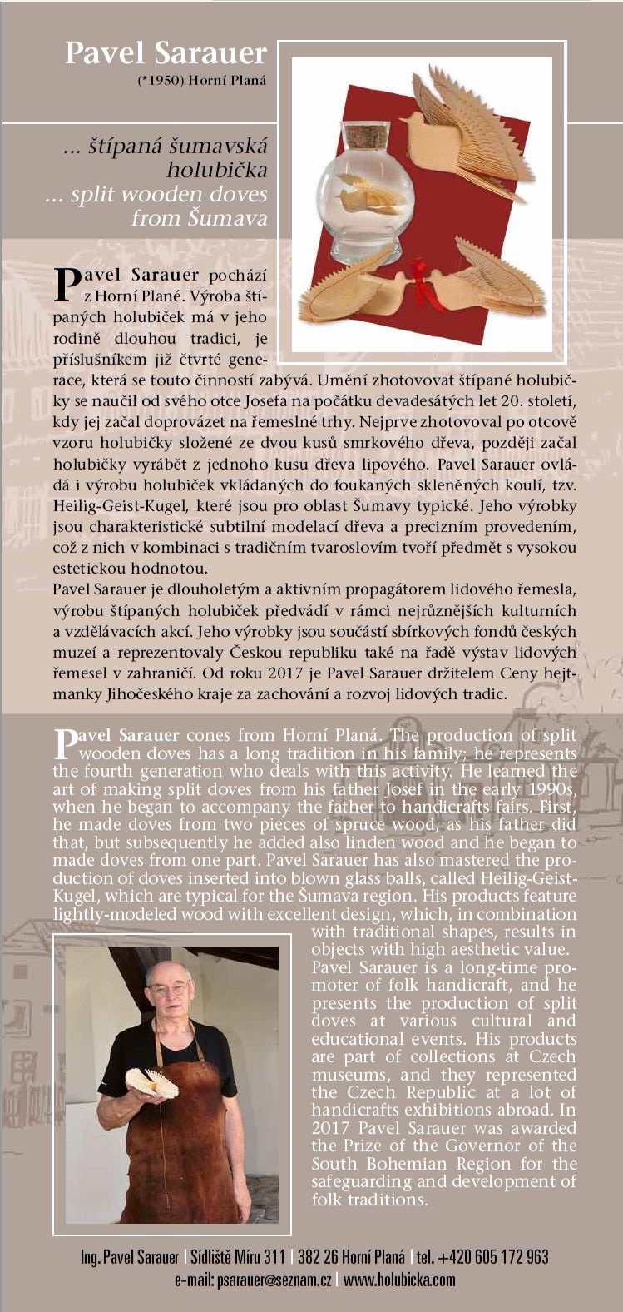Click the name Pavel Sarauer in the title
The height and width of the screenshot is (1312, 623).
tap(166, 53)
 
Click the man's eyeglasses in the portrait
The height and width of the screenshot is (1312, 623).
tap(168, 988)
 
